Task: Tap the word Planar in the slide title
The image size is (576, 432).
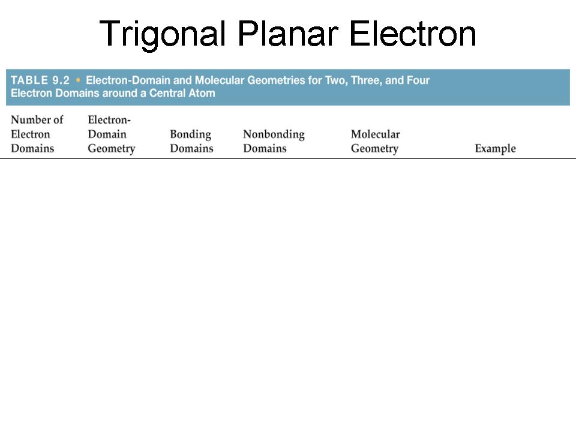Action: click(x=289, y=34)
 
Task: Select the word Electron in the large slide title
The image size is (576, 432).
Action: click(x=413, y=34)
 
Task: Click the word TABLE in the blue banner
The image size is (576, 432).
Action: click(x=29, y=80)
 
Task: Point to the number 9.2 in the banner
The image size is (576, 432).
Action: click(x=61, y=80)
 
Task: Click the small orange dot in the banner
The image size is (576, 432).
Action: click(x=78, y=80)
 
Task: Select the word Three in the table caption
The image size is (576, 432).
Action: click(x=365, y=80)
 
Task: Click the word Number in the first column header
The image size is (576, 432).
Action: click(x=29, y=120)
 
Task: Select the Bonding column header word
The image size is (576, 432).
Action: click(x=191, y=134)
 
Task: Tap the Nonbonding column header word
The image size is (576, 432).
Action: click(x=274, y=134)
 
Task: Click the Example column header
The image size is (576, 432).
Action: click(x=495, y=148)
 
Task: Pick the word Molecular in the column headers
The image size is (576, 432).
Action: click(x=376, y=134)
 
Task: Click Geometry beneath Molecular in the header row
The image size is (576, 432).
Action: click(x=374, y=149)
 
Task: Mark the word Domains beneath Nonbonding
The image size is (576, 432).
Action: click(x=265, y=148)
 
